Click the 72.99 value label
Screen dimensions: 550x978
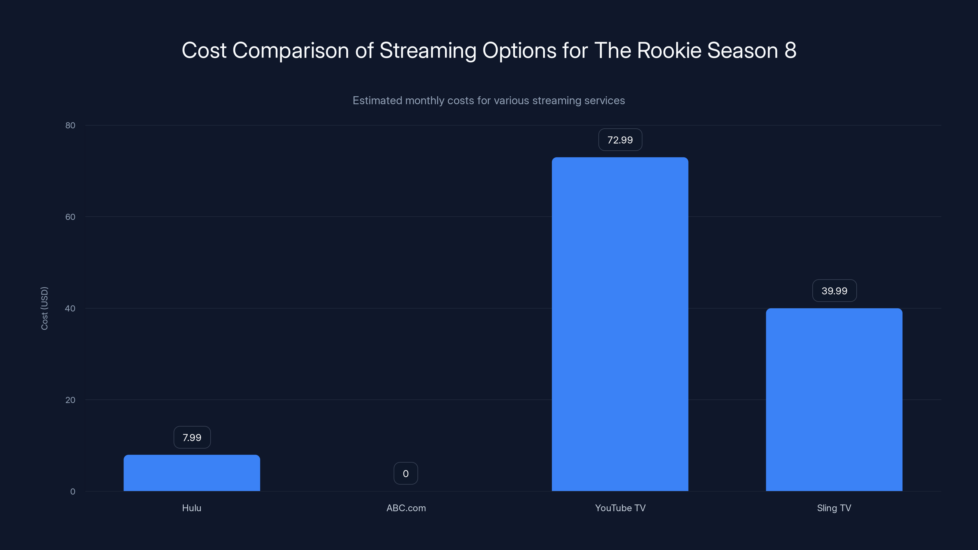[620, 140]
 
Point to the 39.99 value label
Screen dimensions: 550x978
[834, 291]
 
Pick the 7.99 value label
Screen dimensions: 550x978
[192, 437]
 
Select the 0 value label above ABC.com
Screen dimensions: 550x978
[406, 473]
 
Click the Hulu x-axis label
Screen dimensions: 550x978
[191, 508]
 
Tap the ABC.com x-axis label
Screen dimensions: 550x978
[406, 508]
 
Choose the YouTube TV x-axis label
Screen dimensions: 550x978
[620, 508]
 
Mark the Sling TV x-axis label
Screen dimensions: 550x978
[834, 508]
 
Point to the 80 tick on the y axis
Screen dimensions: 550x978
[70, 125]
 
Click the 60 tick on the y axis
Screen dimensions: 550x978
[70, 217]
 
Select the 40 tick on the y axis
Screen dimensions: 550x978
[70, 308]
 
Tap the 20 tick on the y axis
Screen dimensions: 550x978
[70, 400]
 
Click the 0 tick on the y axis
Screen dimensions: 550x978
[72, 492]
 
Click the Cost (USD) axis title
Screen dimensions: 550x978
[44, 308]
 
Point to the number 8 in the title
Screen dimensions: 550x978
[790, 50]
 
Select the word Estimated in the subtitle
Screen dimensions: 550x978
[377, 101]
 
